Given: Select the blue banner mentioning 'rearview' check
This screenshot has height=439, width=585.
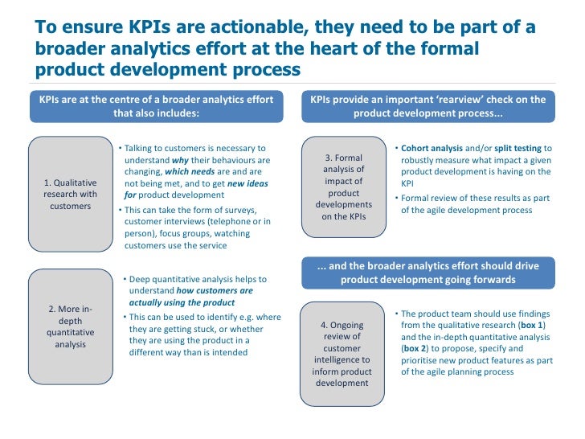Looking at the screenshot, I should (x=427, y=106).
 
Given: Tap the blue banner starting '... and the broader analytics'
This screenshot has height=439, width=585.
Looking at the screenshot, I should (x=427, y=273).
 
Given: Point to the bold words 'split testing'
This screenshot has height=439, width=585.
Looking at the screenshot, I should (x=519, y=149).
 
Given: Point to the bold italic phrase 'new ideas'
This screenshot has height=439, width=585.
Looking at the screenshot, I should (x=247, y=183).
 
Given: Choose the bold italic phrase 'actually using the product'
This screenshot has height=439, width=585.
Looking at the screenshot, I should (x=182, y=302).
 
